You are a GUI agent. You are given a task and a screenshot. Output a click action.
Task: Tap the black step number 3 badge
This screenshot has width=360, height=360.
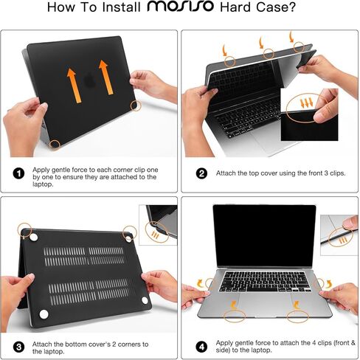18,345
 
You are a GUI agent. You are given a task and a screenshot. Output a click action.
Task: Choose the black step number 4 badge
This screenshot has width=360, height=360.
201,345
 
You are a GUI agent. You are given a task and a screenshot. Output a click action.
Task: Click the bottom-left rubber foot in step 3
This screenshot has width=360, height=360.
43,315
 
